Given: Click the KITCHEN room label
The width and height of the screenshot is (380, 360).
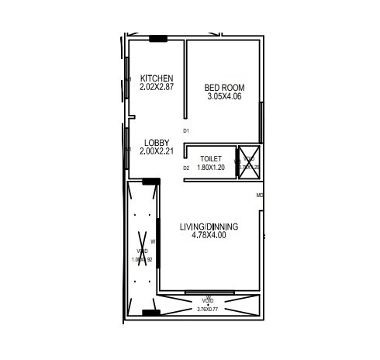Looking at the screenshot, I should click(156, 78).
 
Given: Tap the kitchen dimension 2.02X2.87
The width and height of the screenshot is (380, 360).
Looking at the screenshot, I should click(156, 87).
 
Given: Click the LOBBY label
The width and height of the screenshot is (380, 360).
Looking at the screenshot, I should click(156, 143).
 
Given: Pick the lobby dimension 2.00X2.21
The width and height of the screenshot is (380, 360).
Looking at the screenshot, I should click(156, 151).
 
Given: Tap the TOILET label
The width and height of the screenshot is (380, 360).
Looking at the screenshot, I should click(211, 158).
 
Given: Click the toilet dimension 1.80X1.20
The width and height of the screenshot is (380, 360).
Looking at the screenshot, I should click(211, 167).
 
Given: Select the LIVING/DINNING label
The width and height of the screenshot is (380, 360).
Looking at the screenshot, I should click(209, 227).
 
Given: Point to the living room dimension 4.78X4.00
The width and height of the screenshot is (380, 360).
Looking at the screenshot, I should click(209, 235).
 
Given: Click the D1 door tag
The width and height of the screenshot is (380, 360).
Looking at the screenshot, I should click(186, 131).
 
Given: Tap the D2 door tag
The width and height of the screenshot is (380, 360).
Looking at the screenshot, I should click(186, 168).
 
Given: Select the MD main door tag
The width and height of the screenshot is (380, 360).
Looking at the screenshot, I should click(259, 195).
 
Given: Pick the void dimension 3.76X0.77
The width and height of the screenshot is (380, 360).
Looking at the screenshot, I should click(208, 308).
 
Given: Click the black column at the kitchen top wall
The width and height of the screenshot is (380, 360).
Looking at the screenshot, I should click(158, 38).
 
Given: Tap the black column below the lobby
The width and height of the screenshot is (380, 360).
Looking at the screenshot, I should click(151, 182).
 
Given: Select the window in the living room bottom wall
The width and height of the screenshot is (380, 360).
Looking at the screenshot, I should click(208, 293).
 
